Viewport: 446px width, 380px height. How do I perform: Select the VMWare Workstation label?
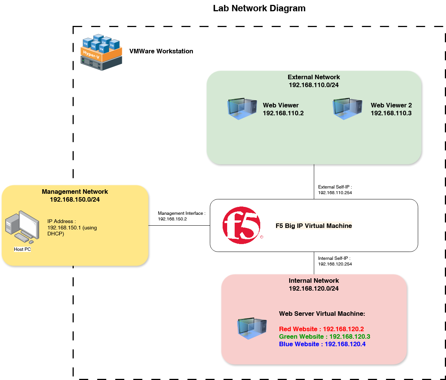[x=161, y=51]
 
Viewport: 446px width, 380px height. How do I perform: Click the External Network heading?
[x=314, y=77]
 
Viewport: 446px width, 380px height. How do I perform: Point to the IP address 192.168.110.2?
[x=283, y=113]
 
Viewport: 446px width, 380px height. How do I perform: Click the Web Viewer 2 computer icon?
[x=347, y=109]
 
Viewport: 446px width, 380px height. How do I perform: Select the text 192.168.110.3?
[x=391, y=113]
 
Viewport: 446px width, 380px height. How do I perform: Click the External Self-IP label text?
[x=335, y=187]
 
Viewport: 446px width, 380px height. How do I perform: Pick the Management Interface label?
[x=181, y=213]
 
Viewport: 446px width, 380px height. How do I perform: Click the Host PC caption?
[x=22, y=249]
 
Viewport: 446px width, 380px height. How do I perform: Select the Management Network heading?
[x=75, y=192]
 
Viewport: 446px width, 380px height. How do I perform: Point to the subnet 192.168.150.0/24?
[x=75, y=199]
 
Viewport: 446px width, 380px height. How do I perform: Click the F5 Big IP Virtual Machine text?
[x=314, y=226]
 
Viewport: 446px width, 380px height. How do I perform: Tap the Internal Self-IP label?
[x=334, y=258]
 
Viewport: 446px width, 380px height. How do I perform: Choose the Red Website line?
[x=321, y=329]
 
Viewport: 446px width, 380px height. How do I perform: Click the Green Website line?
[x=324, y=336]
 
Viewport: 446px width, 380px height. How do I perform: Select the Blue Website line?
[x=322, y=344]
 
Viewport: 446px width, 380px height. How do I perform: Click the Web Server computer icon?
[x=252, y=328]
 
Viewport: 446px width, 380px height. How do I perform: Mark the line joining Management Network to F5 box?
[x=179, y=226]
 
